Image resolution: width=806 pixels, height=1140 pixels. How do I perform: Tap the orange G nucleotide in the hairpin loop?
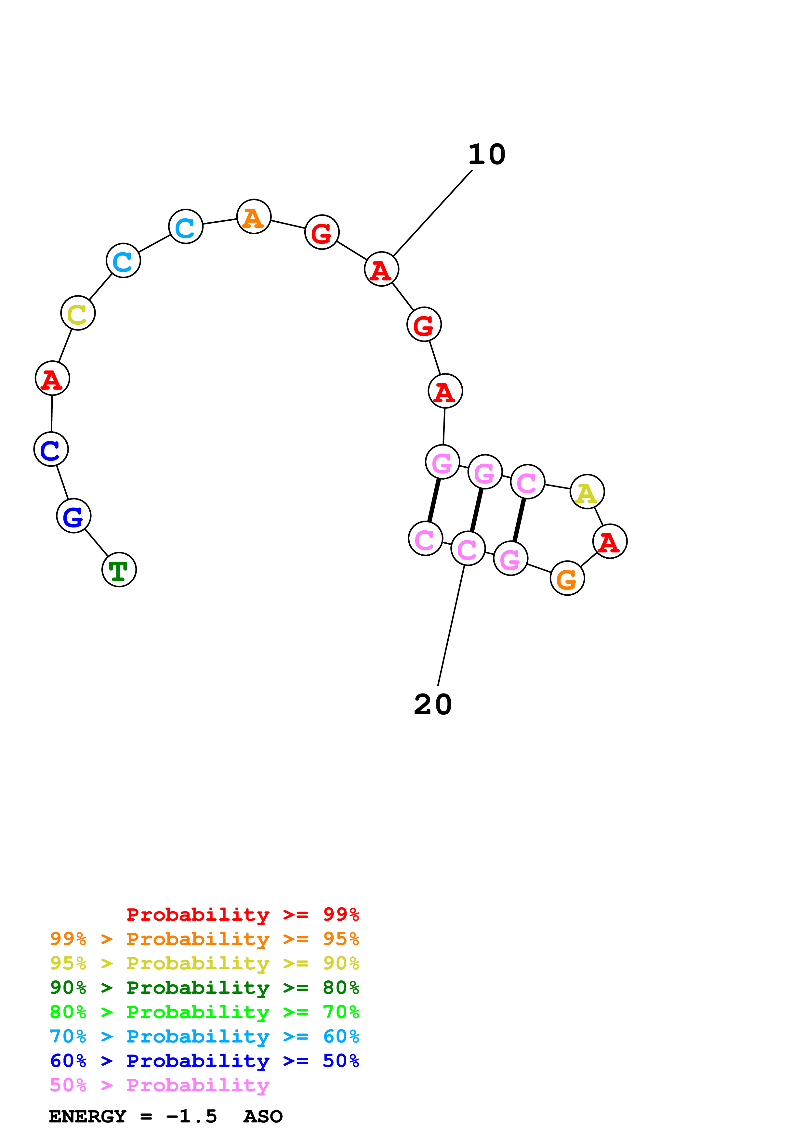point(567,578)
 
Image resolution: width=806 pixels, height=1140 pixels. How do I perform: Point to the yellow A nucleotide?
point(587,492)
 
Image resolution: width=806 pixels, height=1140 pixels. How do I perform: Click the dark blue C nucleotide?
point(51,449)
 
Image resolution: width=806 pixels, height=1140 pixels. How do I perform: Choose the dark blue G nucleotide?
point(73,516)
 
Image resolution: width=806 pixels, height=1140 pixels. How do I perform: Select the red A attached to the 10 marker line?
point(381,269)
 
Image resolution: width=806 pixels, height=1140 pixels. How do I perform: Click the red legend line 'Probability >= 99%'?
point(242,914)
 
